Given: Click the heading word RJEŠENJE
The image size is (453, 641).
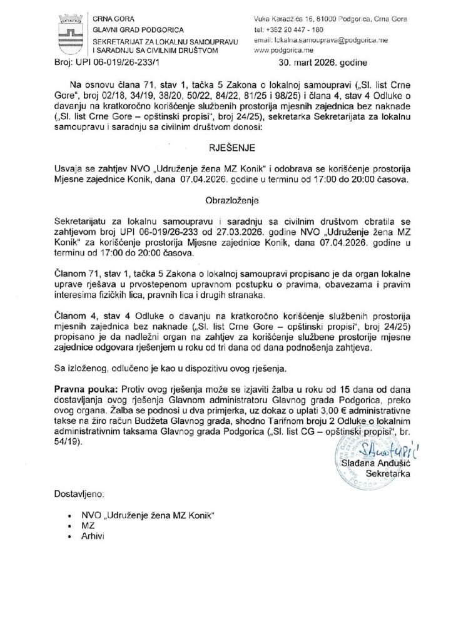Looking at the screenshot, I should (x=226, y=151).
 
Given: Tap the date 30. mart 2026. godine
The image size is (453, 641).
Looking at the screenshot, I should (x=321, y=63).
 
